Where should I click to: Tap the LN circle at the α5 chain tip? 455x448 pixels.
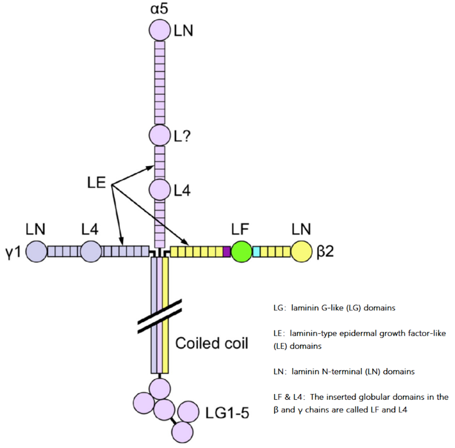pyautogui.click(x=160, y=30)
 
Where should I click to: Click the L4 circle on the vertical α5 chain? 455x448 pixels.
pyautogui.click(x=159, y=190)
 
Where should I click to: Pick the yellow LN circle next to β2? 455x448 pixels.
pyautogui.click(x=301, y=252)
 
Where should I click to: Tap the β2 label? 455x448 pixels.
pyautogui.click(x=324, y=252)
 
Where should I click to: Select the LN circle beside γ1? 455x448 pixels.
pyautogui.click(x=36, y=252)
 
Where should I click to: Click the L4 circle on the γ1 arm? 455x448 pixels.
pyautogui.click(x=91, y=252)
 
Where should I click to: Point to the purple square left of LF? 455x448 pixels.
pyautogui.click(x=226, y=252)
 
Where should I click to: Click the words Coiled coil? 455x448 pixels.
pyautogui.click(x=211, y=343)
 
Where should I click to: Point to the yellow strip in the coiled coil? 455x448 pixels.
pyautogui.click(x=165, y=312)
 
